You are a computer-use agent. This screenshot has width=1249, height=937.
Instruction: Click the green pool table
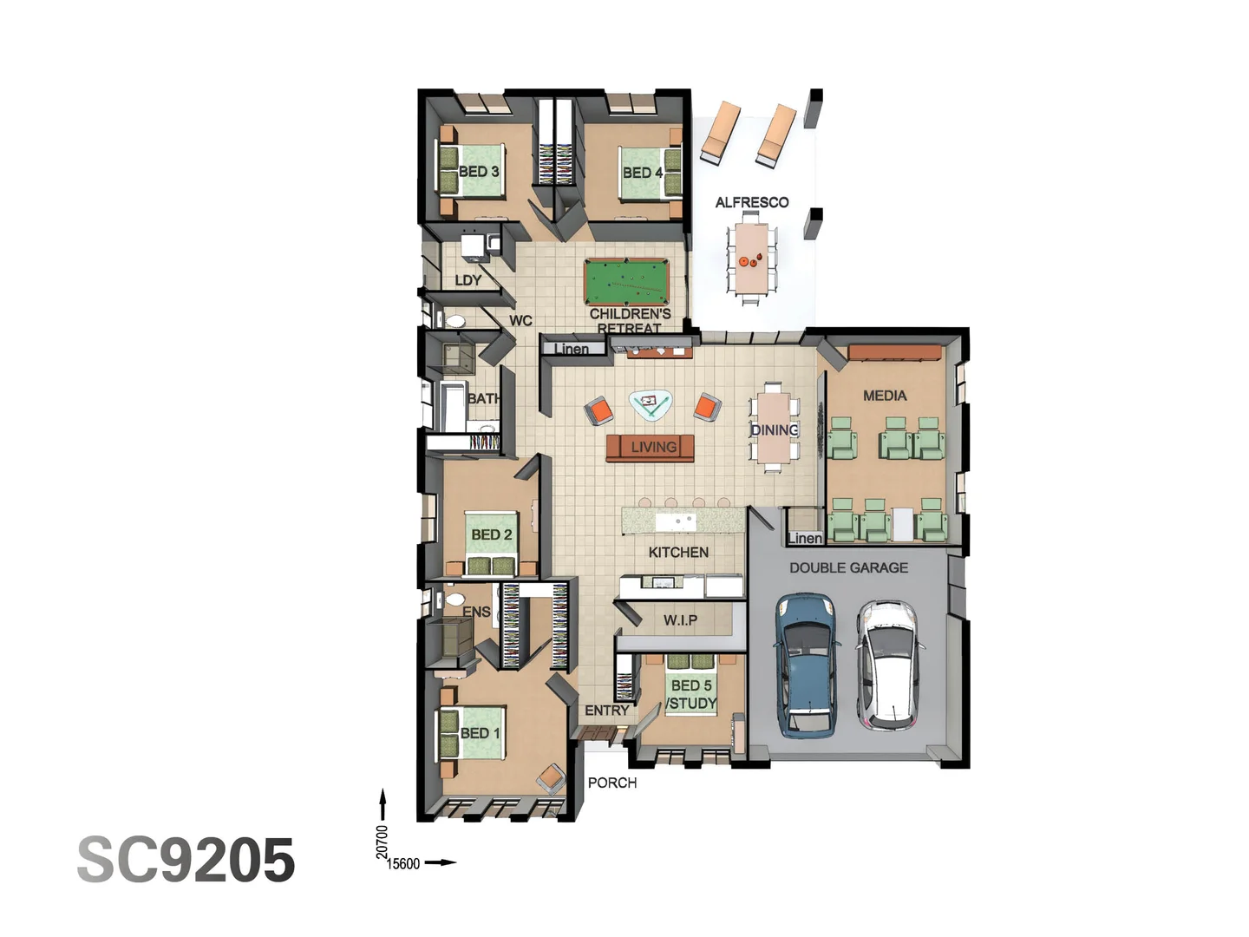626,279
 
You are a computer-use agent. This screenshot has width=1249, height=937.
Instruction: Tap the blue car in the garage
806,664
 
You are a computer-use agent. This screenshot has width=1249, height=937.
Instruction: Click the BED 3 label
479,172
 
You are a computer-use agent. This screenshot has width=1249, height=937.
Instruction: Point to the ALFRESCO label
752,202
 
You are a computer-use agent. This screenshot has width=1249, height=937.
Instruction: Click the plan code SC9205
186,861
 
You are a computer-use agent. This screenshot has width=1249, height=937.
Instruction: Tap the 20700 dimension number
383,842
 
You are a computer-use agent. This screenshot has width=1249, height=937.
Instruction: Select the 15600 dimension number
403,863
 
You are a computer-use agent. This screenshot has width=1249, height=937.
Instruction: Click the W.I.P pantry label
680,620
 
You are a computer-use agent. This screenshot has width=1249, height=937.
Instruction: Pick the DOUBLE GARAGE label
848,567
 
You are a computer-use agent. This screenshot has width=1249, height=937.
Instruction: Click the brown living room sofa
651,448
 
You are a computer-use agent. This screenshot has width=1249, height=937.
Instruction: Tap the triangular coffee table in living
651,404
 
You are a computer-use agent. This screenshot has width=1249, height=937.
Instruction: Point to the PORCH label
612,783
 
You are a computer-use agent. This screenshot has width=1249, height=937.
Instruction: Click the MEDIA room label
885,396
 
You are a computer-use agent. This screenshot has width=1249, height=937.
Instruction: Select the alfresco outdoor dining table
748,259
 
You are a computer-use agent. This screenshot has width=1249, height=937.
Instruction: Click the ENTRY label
607,711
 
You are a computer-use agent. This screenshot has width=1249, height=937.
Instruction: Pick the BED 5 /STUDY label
691,694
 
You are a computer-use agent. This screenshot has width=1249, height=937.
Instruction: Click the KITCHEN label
678,553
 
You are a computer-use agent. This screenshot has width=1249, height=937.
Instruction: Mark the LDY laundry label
468,280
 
